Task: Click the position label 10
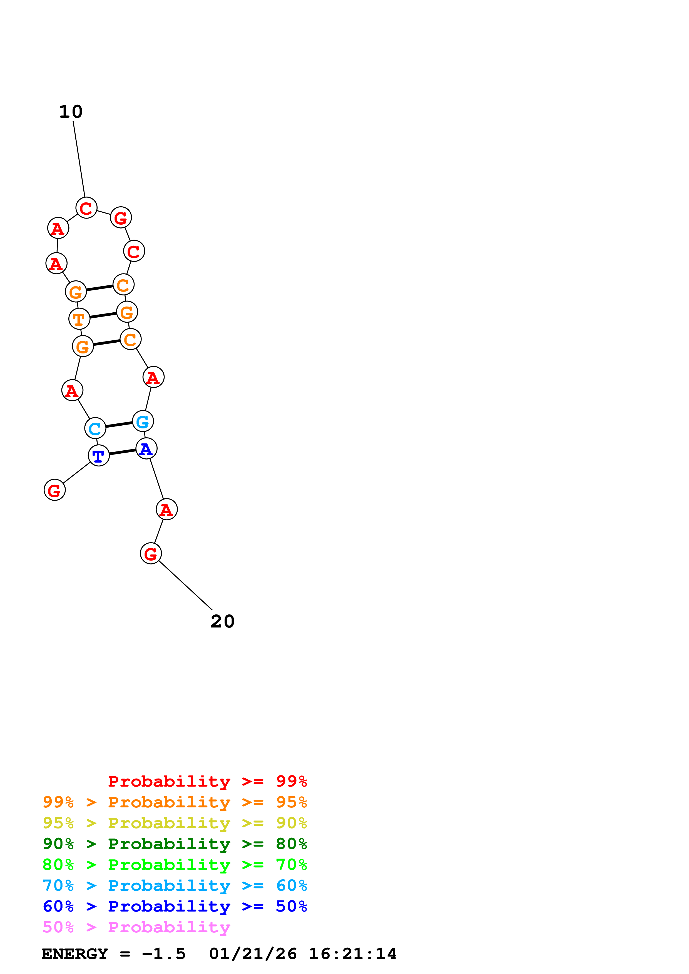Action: click(71, 112)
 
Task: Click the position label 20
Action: click(222, 621)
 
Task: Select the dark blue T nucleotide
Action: click(98, 456)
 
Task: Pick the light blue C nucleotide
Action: click(95, 428)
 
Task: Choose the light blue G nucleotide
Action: click(143, 422)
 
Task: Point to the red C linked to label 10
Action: click(86, 208)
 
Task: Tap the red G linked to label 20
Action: click(151, 554)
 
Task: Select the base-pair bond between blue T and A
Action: click(123, 452)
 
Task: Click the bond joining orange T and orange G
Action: click(103, 315)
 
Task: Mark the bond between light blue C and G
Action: click(119, 425)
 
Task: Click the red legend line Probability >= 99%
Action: click(207, 781)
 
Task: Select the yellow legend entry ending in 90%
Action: click(175, 823)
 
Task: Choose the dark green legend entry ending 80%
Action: click(175, 844)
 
